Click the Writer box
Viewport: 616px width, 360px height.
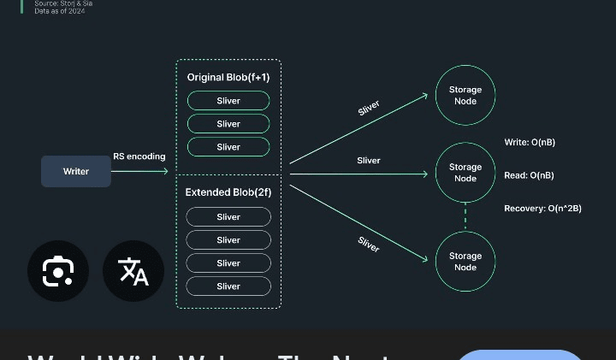pyautogui.click(x=76, y=172)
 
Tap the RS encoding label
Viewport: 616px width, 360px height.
pyautogui.click(x=139, y=156)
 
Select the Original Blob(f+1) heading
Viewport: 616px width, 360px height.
pyautogui.click(x=228, y=78)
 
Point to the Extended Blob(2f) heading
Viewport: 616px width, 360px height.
pyautogui.click(x=228, y=193)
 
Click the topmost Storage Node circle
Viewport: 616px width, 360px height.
pyautogui.click(x=465, y=96)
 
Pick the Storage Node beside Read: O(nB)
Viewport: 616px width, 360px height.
pyautogui.click(x=465, y=174)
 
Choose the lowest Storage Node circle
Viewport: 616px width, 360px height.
pyautogui.click(x=465, y=262)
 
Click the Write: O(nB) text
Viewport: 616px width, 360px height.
pyautogui.click(x=530, y=142)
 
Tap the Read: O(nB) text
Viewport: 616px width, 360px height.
pyautogui.click(x=529, y=175)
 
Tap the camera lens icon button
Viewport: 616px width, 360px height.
pyautogui.click(x=57, y=272)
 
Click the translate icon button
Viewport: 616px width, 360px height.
pyautogui.click(x=133, y=272)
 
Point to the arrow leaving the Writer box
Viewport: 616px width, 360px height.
pyautogui.click(x=139, y=172)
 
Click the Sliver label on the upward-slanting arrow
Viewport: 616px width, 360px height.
pyautogui.click(x=369, y=109)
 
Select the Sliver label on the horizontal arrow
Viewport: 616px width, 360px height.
pyautogui.click(x=369, y=161)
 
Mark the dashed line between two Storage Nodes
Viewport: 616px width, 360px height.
pyautogui.click(x=465, y=217)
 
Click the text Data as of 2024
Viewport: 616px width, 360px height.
pyautogui.click(x=60, y=11)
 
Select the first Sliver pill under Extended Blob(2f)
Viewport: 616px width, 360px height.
pyautogui.click(x=228, y=217)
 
